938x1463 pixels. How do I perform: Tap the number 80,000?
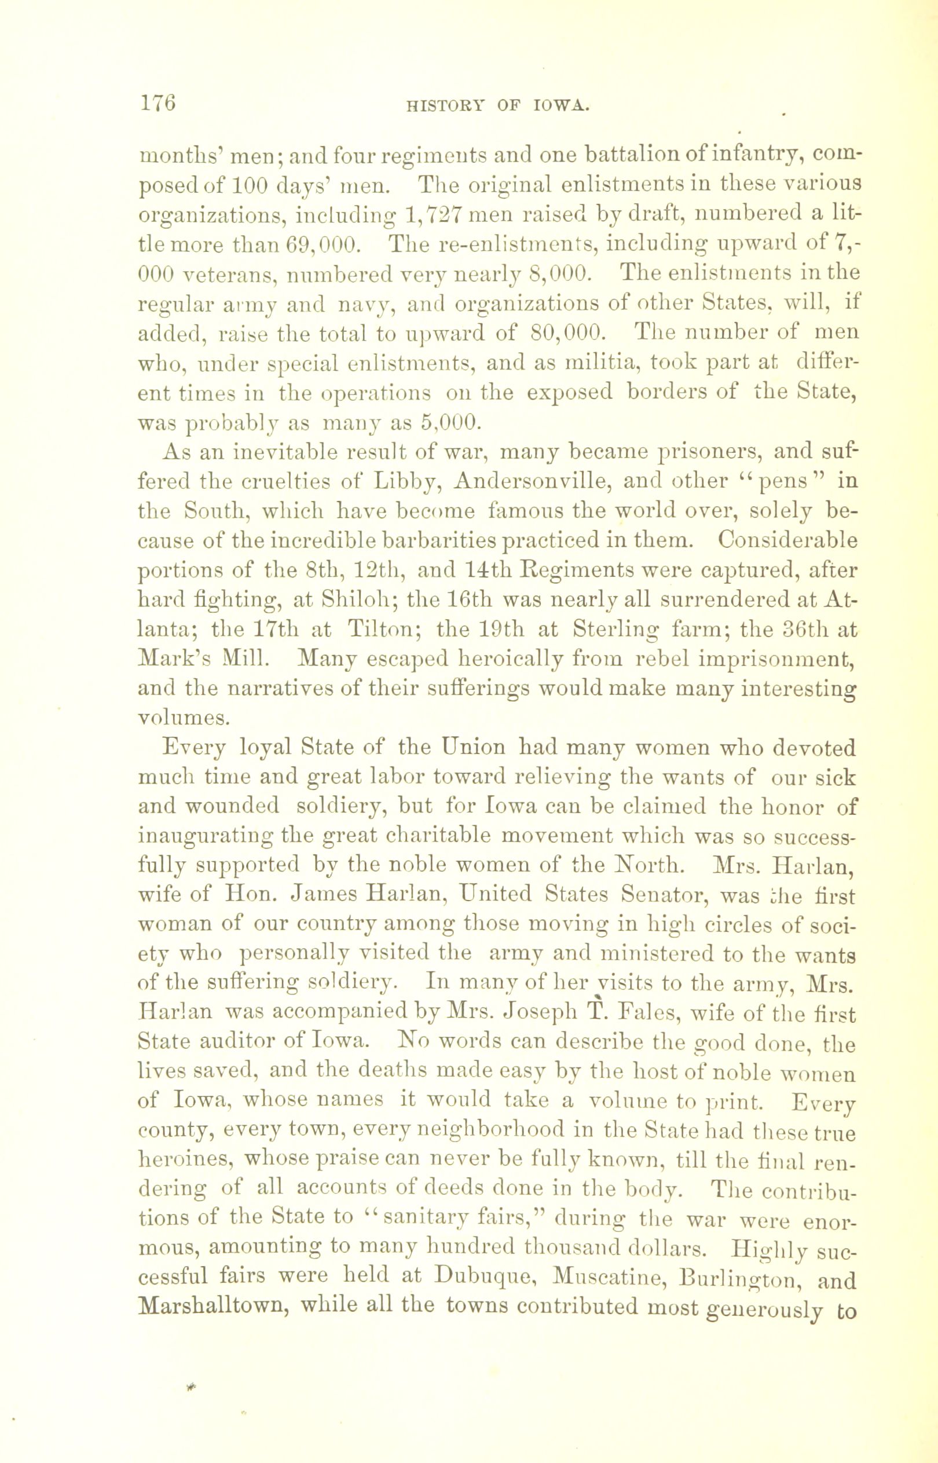[x=567, y=332]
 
